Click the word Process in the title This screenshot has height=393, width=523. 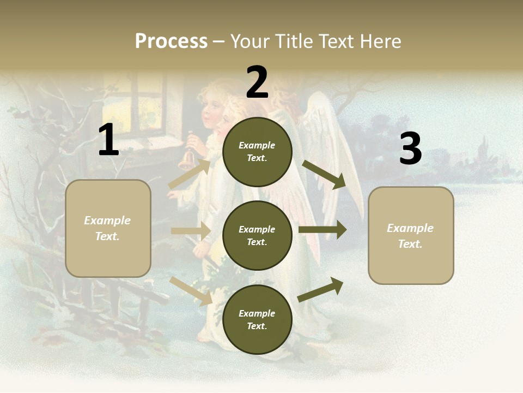171,41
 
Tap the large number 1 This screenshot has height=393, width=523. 108,140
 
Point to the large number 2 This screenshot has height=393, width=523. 257,82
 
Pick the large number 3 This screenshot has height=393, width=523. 410,150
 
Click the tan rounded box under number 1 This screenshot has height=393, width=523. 108,228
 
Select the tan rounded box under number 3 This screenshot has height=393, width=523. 411,235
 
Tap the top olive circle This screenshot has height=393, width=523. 257,152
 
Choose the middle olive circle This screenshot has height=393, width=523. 257,235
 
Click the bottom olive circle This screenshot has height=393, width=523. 257,319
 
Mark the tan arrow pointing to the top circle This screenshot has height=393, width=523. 190,174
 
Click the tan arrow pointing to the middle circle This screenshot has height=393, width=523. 191,231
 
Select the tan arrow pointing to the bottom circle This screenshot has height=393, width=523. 191,291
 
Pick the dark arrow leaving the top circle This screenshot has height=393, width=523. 324,175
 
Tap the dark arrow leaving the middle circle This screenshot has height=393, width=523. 323,230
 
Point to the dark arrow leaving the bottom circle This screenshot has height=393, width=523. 321,290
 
